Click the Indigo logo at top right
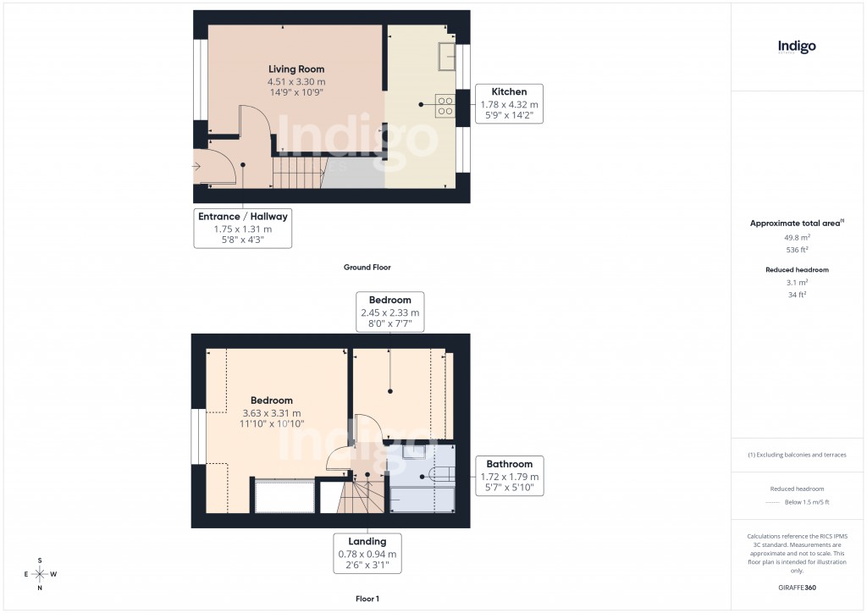click(797, 47)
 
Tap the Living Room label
click(296, 69)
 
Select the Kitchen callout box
click(509, 104)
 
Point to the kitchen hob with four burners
click(445, 105)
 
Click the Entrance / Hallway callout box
click(243, 228)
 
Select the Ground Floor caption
click(367, 268)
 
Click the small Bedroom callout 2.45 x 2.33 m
click(389, 312)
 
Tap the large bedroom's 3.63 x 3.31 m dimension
click(272, 412)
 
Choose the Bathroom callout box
click(509, 477)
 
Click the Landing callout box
click(367, 554)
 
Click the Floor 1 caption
click(367, 599)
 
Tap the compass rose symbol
click(40, 574)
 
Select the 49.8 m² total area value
click(796, 238)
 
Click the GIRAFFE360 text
click(796, 588)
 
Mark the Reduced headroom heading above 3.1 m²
click(796, 269)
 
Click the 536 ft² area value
click(796, 250)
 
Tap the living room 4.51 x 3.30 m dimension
click(296, 81)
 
